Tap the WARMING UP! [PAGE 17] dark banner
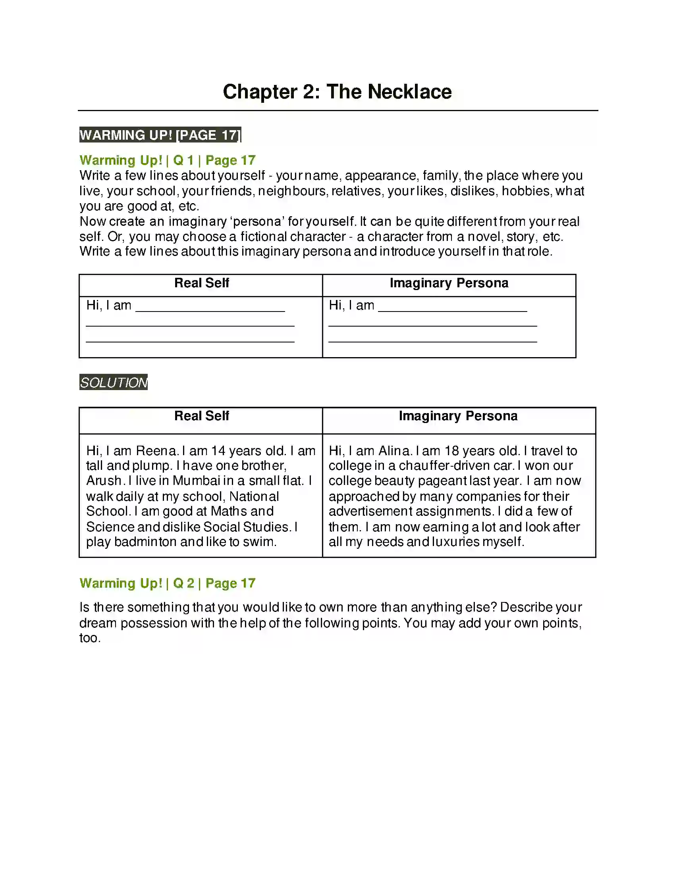click(160, 135)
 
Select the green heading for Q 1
click(167, 160)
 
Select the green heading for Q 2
click(167, 583)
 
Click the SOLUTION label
click(114, 383)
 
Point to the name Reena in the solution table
click(156, 451)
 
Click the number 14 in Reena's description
click(218, 451)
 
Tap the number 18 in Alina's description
click(451, 451)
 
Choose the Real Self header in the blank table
click(202, 283)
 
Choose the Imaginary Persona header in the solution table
click(458, 416)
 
